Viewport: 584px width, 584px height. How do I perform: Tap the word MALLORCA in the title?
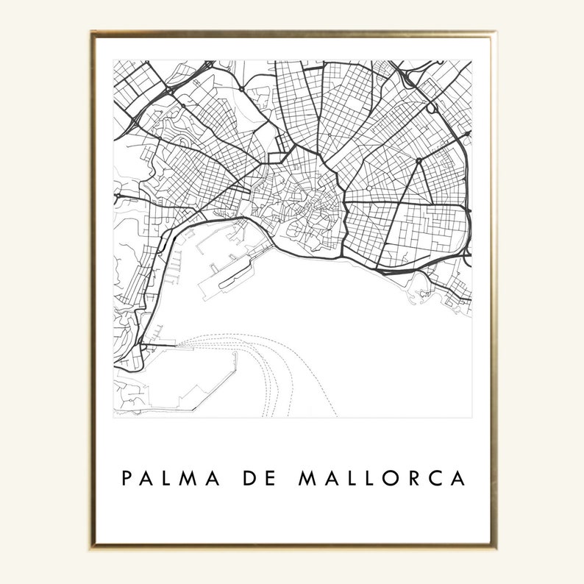[382, 479]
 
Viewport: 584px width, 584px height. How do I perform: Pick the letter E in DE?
[270, 479]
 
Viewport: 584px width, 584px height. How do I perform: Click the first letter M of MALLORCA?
[306, 479]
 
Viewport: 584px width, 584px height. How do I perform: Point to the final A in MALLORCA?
[459, 479]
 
